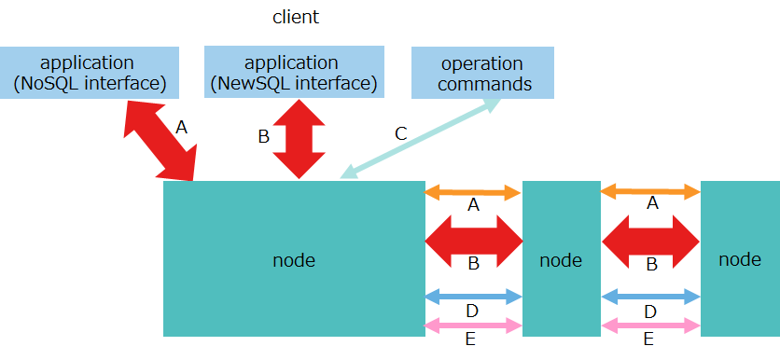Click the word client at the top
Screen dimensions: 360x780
[x=295, y=17]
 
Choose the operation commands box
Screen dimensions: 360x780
[x=482, y=74]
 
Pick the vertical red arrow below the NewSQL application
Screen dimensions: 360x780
[x=299, y=137]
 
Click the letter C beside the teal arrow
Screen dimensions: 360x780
[x=400, y=133]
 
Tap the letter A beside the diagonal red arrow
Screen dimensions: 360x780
[x=181, y=127]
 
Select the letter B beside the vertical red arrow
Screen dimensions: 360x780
[x=263, y=137]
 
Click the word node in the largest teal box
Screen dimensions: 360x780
[x=293, y=260]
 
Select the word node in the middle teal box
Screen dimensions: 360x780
[x=561, y=260]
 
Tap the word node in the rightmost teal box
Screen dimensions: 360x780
[x=740, y=259]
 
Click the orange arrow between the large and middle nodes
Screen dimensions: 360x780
[x=473, y=193]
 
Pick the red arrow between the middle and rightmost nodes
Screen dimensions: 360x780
[x=650, y=241]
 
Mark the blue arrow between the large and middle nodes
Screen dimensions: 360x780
[x=473, y=297]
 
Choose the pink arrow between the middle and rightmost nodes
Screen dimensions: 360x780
[x=650, y=325]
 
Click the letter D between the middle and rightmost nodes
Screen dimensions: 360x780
[x=650, y=311]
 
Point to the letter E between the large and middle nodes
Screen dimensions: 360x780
[x=470, y=339]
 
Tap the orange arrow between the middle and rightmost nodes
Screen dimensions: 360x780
[x=650, y=192]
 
